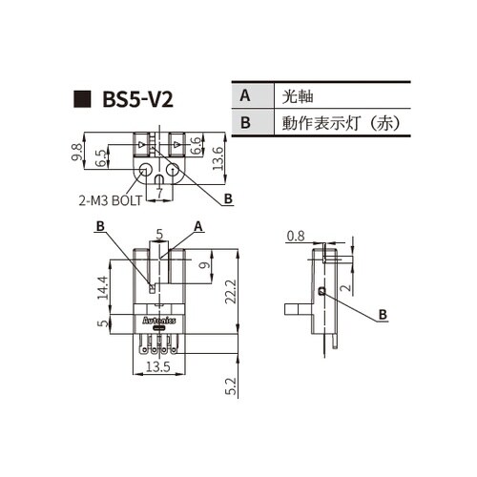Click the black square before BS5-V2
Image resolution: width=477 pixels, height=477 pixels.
83,100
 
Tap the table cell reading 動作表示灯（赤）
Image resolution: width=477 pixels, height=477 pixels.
338,123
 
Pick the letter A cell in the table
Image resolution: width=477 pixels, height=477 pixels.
245,96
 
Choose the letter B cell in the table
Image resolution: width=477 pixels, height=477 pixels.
245,123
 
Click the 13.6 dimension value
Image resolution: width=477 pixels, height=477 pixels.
218,155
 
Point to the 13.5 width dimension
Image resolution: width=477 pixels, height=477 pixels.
157,365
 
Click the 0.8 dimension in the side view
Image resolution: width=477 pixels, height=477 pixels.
296,236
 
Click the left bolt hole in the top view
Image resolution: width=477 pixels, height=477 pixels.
145,173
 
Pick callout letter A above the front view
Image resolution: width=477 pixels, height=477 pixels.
198,225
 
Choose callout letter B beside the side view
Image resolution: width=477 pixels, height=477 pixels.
382,313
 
